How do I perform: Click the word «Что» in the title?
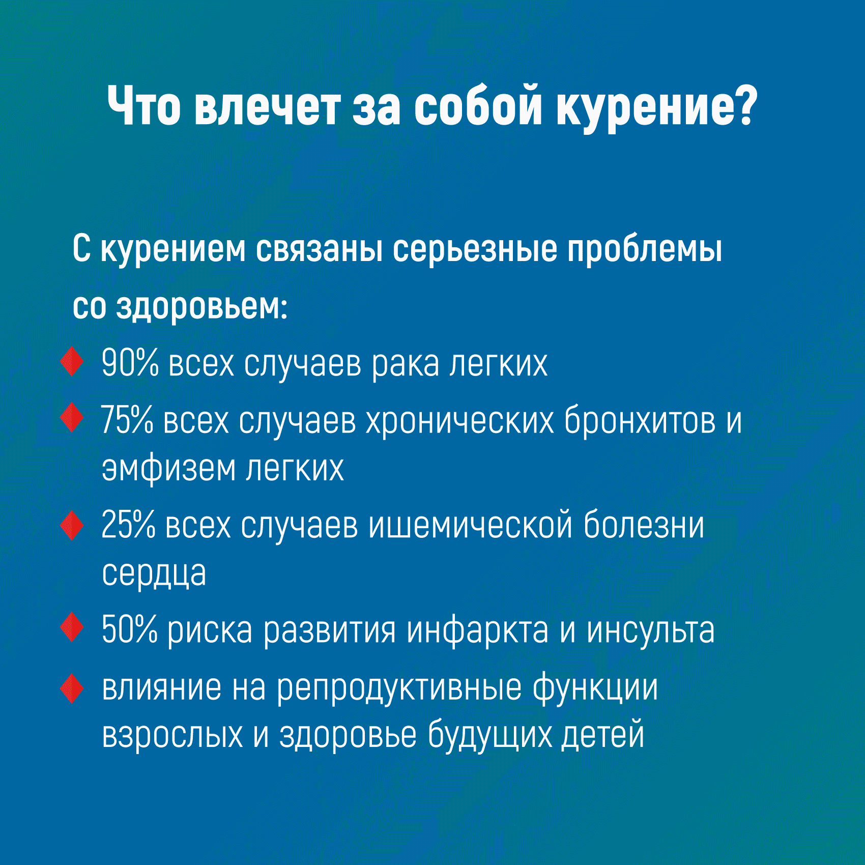(144, 106)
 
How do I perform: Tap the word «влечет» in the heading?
(267, 106)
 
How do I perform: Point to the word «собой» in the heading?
(478, 106)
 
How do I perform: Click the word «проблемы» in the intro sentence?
(645, 250)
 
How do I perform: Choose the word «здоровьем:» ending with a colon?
(201, 307)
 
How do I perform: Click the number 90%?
(130, 363)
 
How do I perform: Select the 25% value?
(128, 524)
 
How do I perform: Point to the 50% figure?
(130, 629)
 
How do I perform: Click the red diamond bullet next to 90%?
(72, 362)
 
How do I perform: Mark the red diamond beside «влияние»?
(72, 688)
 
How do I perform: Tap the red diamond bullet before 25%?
(72, 525)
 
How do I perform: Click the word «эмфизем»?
(168, 468)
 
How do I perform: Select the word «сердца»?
(154, 574)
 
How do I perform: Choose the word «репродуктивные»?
(398, 688)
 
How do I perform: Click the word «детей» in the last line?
(603, 736)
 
